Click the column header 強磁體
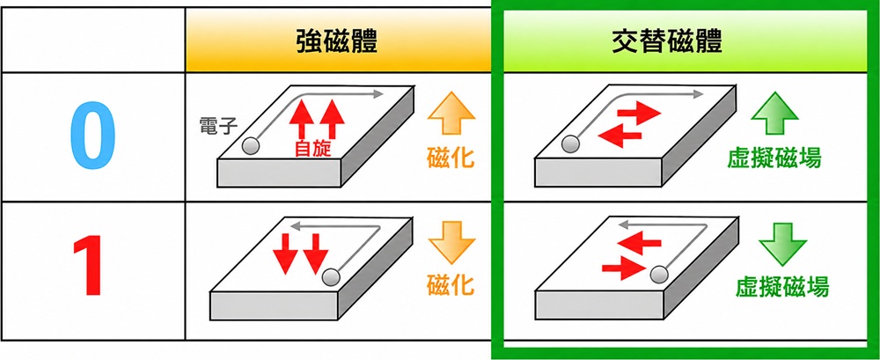point(337,41)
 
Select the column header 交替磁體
point(667,41)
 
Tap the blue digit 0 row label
point(93,137)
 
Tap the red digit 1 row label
point(87,266)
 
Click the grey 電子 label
point(218,127)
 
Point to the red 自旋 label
point(312,149)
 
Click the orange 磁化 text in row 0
point(451,158)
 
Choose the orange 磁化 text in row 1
point(451,284)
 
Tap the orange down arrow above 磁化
point(451,243)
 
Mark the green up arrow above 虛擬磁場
point(774,114)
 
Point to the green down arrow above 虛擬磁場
point(782,245)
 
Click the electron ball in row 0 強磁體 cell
point(251,146)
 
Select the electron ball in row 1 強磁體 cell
point(331,276)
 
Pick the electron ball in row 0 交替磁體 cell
point(571,144)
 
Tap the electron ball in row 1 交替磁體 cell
point(659,275)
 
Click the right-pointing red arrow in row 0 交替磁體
point(639,115)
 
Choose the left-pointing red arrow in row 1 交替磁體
point(639,243)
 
